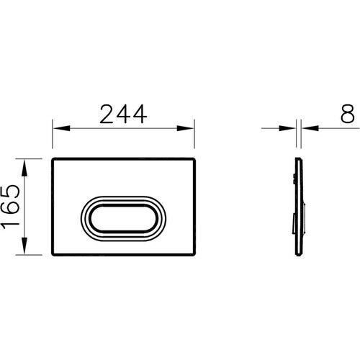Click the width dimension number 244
[123, 113]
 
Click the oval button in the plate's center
[122, 213]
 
